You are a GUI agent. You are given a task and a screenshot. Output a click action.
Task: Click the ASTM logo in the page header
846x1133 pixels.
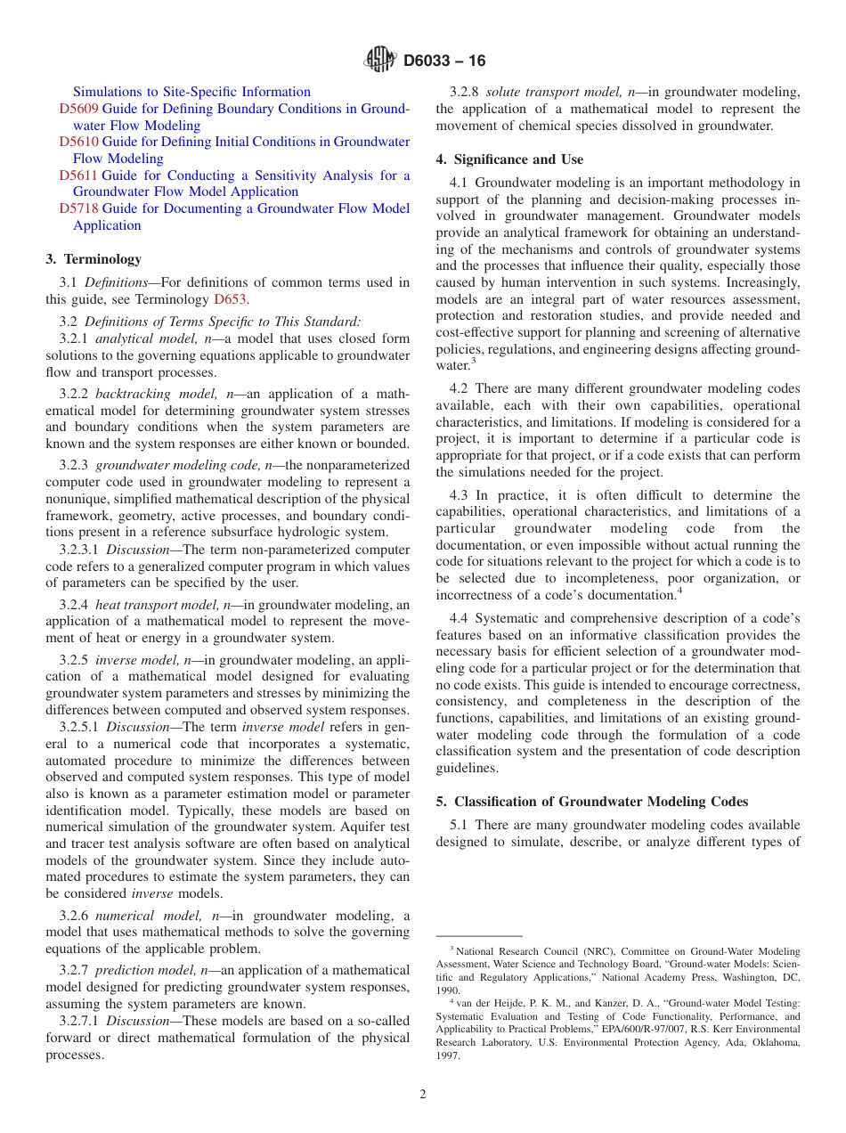click(380, 61)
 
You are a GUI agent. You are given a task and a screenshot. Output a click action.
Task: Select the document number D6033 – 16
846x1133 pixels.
click(444, 61)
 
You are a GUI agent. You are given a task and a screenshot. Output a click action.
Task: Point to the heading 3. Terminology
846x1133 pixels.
click(94, 259)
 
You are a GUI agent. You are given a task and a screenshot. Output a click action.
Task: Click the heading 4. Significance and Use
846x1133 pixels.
click(509, 159)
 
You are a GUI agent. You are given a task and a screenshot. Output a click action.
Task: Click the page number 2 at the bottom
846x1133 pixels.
click(423, 1095)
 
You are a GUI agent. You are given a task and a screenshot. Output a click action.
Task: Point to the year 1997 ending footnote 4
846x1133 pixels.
click(448, 1056)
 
